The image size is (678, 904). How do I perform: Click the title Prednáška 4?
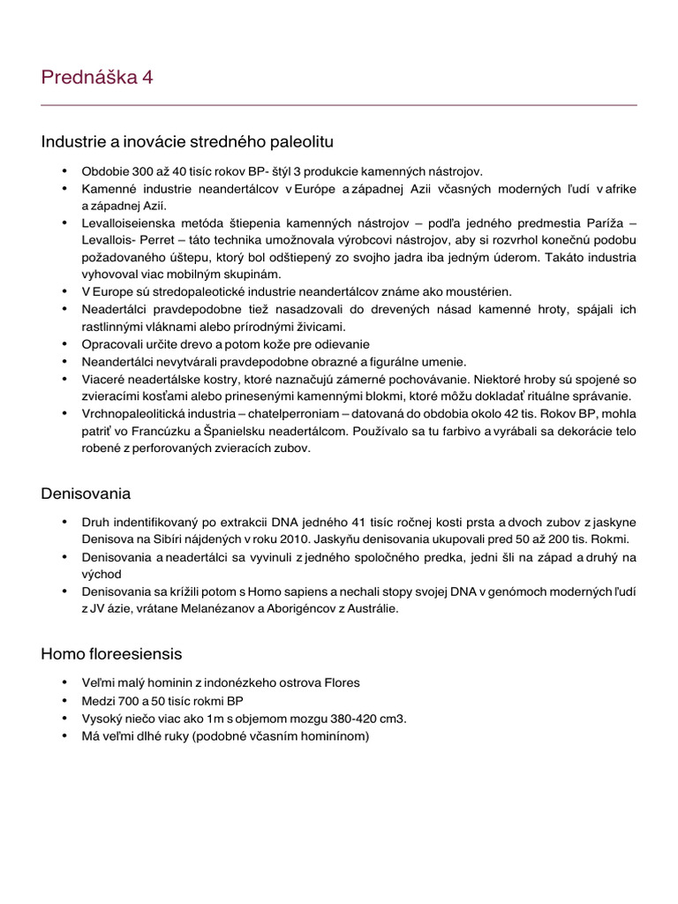tap(97, 78)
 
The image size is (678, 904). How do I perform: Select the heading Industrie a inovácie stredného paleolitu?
tap(187, 141)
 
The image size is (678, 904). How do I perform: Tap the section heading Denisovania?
tap(86, 493)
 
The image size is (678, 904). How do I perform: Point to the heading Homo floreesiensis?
tap(111, 654)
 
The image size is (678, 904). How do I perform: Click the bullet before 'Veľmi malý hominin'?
tap(64, 682)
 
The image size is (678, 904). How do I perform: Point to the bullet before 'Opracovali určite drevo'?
tap(64, 344)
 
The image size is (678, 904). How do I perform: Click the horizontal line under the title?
tap(339, 105)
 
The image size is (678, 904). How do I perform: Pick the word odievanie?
tap(339, 344)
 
